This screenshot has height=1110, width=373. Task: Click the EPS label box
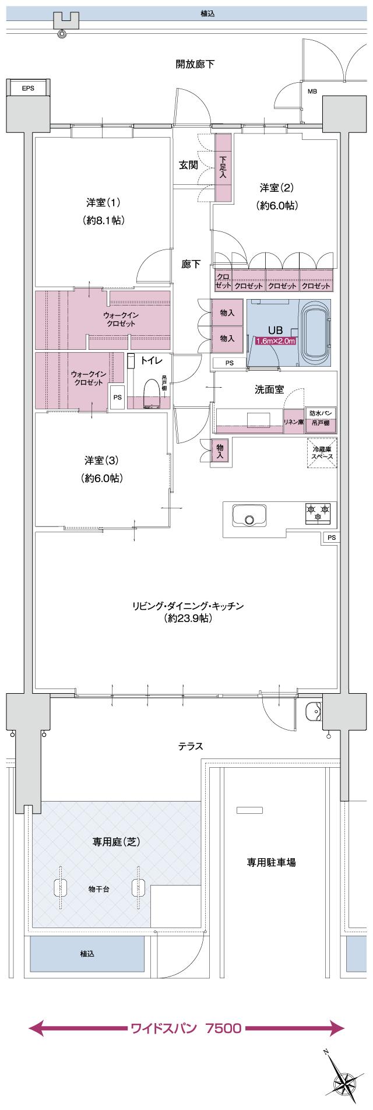click(x=27, y=88)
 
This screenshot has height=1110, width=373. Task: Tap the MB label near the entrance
click(x=312, y=91)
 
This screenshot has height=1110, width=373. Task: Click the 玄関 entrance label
click(x=188, y=165)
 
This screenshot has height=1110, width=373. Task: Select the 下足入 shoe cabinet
click(x=223, y=167)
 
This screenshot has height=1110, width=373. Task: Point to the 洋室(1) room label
click(x=103, y=203)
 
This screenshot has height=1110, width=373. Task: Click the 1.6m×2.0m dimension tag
click(x=276, y=341)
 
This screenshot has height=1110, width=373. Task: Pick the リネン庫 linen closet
click(x=293, y=421)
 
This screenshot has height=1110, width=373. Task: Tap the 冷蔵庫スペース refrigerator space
click(x=322, y=453)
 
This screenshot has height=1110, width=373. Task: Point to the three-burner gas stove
click(x=317, y=512)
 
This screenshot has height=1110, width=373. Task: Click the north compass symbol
click(x=342, y=1079)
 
